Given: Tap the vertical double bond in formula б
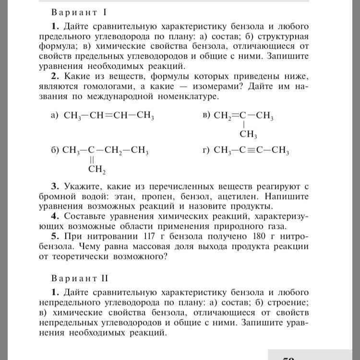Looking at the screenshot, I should pos(91,159).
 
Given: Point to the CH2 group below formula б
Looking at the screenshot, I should pos(96,168).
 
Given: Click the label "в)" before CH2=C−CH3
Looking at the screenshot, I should pos(206,116).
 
